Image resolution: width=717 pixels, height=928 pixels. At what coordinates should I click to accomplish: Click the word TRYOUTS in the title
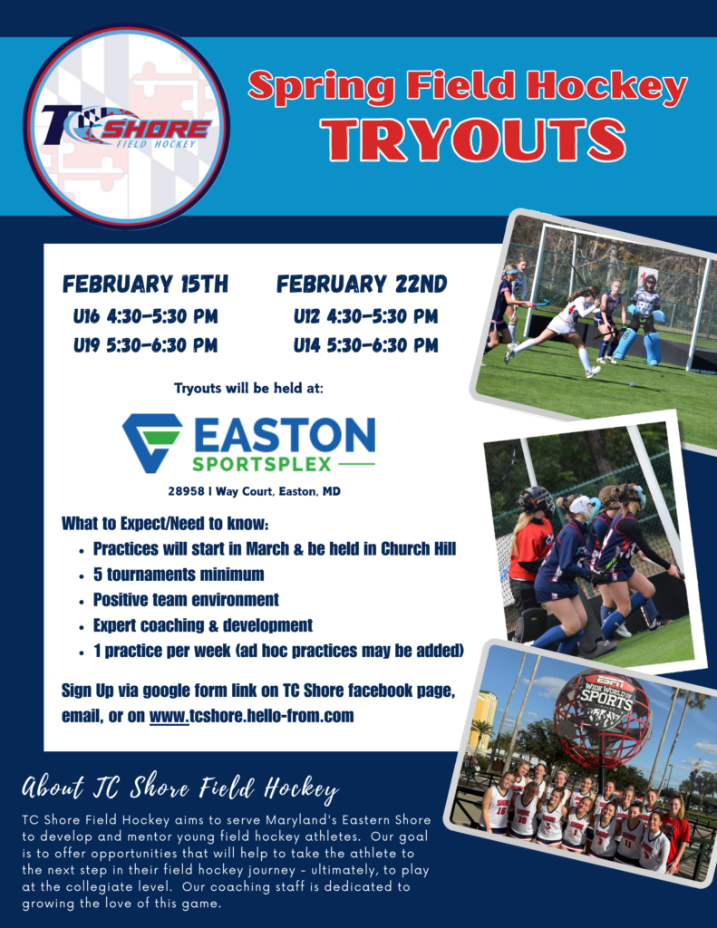(473, 140)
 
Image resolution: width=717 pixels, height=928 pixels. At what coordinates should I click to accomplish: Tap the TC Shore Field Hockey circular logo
(126, 125)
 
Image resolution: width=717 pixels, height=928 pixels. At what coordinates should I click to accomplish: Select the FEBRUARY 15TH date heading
(146, 284)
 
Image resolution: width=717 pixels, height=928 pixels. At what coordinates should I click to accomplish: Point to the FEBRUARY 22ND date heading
(362, 284)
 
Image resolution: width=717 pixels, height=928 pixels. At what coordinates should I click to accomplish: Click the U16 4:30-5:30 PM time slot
(146, 316)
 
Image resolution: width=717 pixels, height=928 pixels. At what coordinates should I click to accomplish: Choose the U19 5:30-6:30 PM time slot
(146, 345)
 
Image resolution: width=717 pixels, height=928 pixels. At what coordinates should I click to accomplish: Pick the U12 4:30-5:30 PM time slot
(366, 316)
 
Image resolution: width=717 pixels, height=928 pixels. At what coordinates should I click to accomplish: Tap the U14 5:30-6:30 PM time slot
(366, 345)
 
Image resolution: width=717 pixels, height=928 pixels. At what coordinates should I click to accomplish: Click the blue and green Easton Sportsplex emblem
(152, 442)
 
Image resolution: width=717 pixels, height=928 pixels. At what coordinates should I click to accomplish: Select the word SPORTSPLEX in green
(262, 464)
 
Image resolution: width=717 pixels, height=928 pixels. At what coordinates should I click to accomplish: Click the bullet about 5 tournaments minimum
(179, 574)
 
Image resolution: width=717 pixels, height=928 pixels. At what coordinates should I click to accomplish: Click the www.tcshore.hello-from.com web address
(252, 716)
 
